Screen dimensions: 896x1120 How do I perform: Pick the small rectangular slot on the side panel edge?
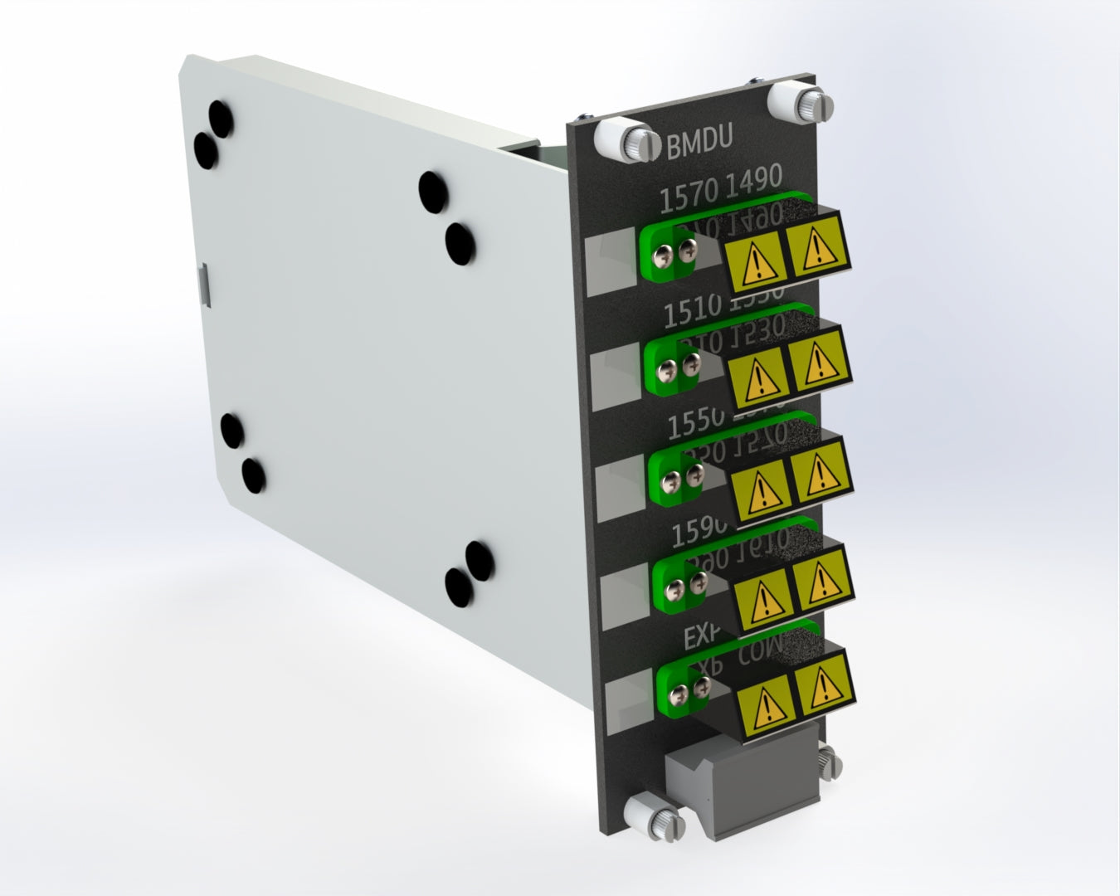click(x=203, y=282)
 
